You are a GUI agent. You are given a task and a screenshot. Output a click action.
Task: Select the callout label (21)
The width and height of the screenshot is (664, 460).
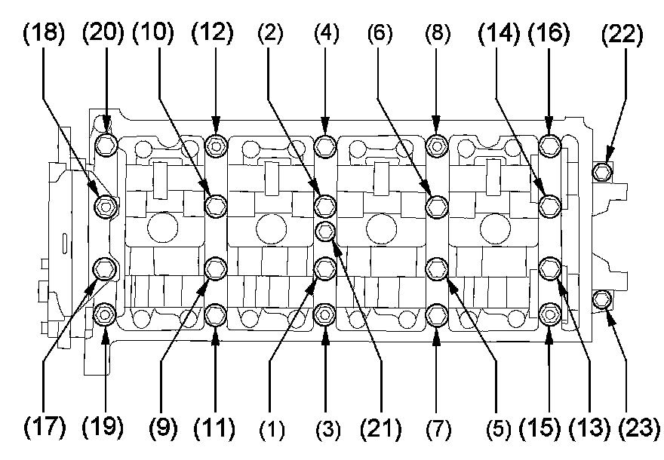coord(381,428)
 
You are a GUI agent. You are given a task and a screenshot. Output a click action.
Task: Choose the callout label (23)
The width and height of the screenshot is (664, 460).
coord(639,428)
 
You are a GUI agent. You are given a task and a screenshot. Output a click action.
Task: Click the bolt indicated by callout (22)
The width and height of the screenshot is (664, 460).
coord(601,171)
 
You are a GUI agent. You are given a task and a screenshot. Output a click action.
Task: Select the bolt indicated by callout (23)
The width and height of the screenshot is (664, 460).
coord(601,300)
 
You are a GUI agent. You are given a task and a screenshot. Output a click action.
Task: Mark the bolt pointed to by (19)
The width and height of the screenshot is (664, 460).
coord(106,313)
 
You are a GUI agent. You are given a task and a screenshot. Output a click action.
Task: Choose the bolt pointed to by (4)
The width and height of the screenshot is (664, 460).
coord(325,144)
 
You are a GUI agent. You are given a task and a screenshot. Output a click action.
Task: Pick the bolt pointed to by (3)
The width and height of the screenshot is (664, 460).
coord(325,313)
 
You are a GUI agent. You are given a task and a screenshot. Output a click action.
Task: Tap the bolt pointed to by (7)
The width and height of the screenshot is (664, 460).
coord(436,313)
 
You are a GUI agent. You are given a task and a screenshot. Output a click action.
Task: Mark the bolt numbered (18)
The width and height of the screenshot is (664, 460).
coord(106,204)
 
